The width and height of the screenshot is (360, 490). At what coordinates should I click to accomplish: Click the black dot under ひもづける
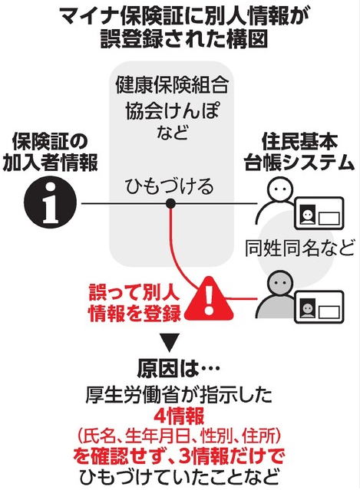pos(170,204)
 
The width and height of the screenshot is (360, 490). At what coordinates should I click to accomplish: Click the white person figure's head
pos(280,189)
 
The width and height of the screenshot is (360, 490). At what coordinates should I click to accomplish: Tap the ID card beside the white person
pos(319,213)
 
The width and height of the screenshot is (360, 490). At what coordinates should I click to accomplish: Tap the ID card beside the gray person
pos(319,307)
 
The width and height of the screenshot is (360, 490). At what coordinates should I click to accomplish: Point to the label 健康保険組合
pos(172,84)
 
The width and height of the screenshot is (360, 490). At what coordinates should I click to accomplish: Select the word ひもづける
pos(169,186)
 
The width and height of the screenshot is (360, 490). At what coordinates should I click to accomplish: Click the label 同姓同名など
pos(299,248)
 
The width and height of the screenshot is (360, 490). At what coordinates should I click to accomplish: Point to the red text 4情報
pos(179,416)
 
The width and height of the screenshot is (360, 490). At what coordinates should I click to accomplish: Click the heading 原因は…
pos(178,370)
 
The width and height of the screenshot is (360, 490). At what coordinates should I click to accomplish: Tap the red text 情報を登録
pos(135,313)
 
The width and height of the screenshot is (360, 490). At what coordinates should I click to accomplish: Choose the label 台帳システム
pos(299,163)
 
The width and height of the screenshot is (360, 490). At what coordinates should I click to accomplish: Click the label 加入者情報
pos(51,163)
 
